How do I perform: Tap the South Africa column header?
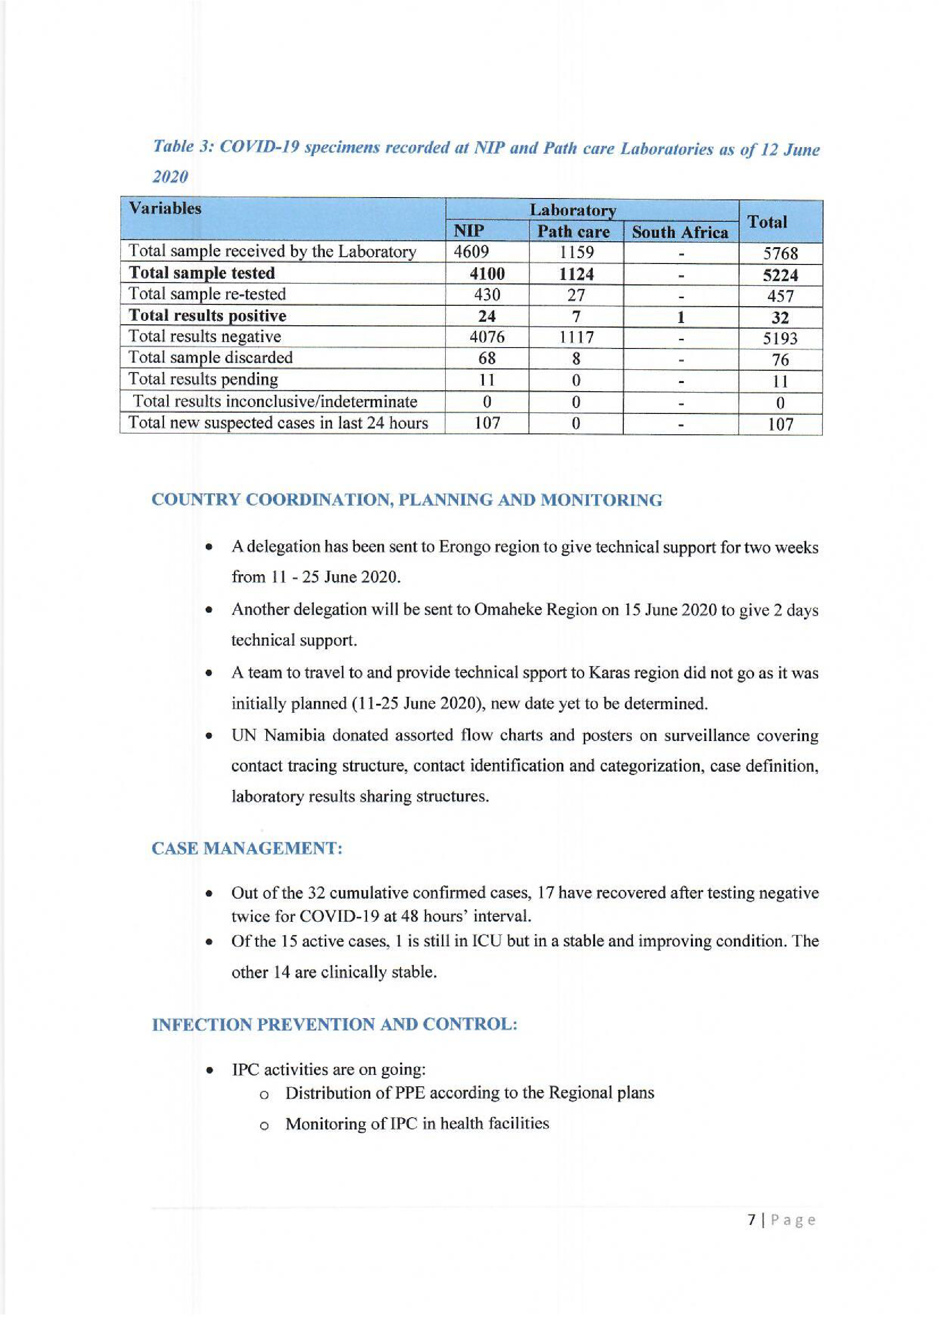pos(680,233)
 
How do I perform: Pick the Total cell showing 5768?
pos(780,254)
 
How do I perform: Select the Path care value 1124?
pos(576,274)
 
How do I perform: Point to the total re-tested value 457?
pos(780,296)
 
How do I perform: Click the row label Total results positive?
pos(207,316)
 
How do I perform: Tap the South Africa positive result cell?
pos(681,317)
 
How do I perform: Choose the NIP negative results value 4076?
pos(487,337)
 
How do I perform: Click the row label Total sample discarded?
pos(210,358)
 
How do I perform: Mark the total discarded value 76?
pos(780,360)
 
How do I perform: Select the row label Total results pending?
pos(203,379)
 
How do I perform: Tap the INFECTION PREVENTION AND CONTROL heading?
pos(334,1025)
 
